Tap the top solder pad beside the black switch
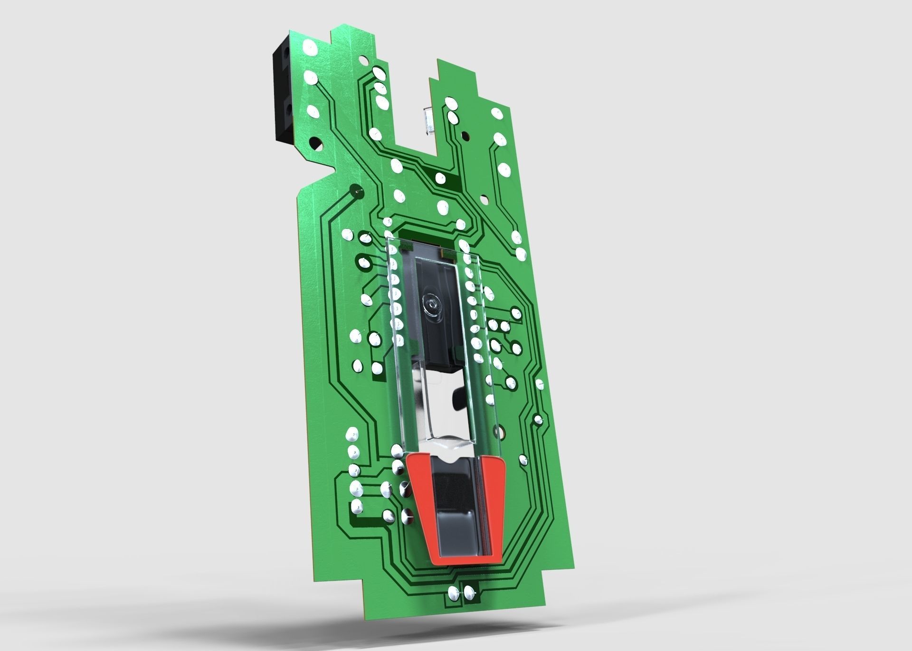(310, 47)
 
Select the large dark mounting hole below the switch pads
(314, 142)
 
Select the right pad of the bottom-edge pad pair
(469, 591)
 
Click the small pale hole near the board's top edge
(363, 60)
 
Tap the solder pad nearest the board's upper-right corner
(497, 113)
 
